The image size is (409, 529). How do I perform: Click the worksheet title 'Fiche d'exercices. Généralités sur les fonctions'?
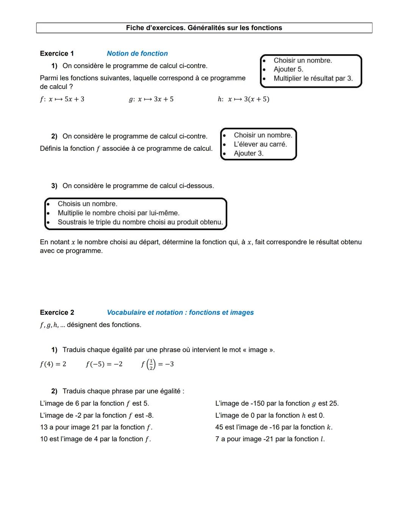204,28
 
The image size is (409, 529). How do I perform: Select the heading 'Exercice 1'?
57,53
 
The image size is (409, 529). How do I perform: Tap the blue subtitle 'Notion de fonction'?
137,53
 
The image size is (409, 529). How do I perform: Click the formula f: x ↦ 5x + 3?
62,99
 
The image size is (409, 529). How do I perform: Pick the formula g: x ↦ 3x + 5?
151,99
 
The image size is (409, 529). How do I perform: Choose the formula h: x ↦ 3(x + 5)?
244,99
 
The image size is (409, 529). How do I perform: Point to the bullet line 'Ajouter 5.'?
288,69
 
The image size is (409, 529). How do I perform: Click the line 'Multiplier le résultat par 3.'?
313,78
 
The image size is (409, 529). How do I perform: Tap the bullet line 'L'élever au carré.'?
260,144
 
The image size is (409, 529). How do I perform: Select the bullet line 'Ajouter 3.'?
248,153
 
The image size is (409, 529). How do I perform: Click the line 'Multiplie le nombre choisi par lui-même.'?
119,213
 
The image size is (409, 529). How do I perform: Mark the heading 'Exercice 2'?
57,312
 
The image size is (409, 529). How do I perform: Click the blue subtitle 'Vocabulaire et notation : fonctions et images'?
180,312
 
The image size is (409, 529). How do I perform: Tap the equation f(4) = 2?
53,364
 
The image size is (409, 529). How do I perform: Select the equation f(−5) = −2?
104,364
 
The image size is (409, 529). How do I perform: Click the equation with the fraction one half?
157,364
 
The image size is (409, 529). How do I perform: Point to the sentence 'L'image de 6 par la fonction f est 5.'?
94,404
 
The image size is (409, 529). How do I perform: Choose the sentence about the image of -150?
277,404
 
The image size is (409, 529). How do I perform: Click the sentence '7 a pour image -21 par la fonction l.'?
270,439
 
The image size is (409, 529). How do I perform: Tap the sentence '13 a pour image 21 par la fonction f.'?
96,427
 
